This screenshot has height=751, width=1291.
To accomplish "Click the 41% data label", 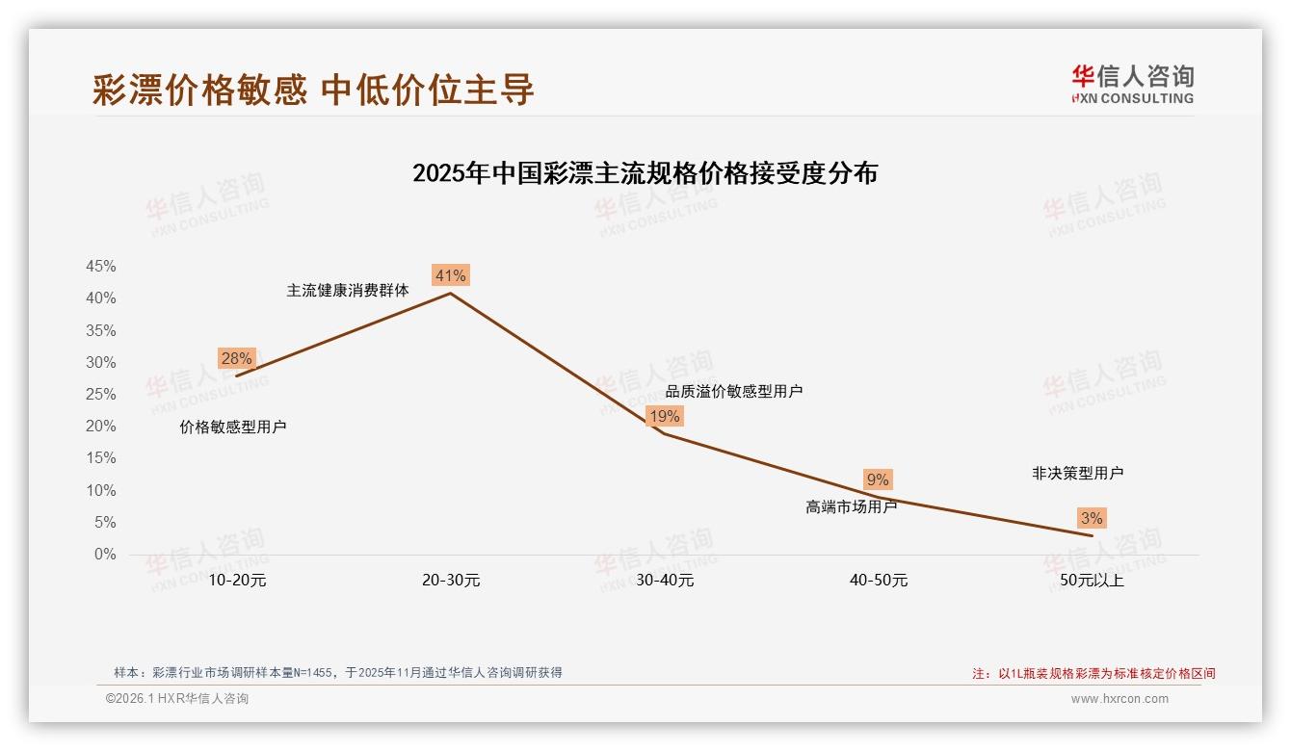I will tap(450, 275).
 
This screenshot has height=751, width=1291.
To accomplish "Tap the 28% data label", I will tap(236, 358).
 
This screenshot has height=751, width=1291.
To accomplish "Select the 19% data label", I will tap(664, 416).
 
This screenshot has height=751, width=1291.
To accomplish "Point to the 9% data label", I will tap(878, 479).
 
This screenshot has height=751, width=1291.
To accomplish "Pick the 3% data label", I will tap(1092, 518).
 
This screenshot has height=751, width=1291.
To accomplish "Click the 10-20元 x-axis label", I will tap(237, 580).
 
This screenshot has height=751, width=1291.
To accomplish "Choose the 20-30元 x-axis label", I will tap(451, 580).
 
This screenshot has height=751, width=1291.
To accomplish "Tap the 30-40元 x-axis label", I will tap(665, 580).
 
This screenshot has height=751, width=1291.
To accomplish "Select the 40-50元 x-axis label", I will tap(879, 580).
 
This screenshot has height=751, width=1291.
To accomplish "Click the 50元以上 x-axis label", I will tap(1092, 580).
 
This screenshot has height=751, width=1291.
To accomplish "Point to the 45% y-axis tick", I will tap(101, 266).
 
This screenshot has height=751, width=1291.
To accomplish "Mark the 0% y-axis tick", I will tap(105, 555).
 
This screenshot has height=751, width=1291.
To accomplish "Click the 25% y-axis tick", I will tap(101, 394).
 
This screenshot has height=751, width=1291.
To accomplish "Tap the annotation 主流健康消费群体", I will tap(348, 290).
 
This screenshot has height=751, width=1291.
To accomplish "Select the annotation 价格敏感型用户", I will tap(233, 427).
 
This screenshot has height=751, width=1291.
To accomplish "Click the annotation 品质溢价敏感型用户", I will tap(734, 391).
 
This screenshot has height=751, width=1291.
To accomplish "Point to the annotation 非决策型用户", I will tap(1077, 473).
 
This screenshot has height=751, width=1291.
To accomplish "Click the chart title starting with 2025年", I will tap(645, 173).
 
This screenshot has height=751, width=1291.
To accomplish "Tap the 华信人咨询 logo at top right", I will tap(1132, 83).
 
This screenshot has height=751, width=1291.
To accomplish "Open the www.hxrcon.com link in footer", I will tap(1120, 699).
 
